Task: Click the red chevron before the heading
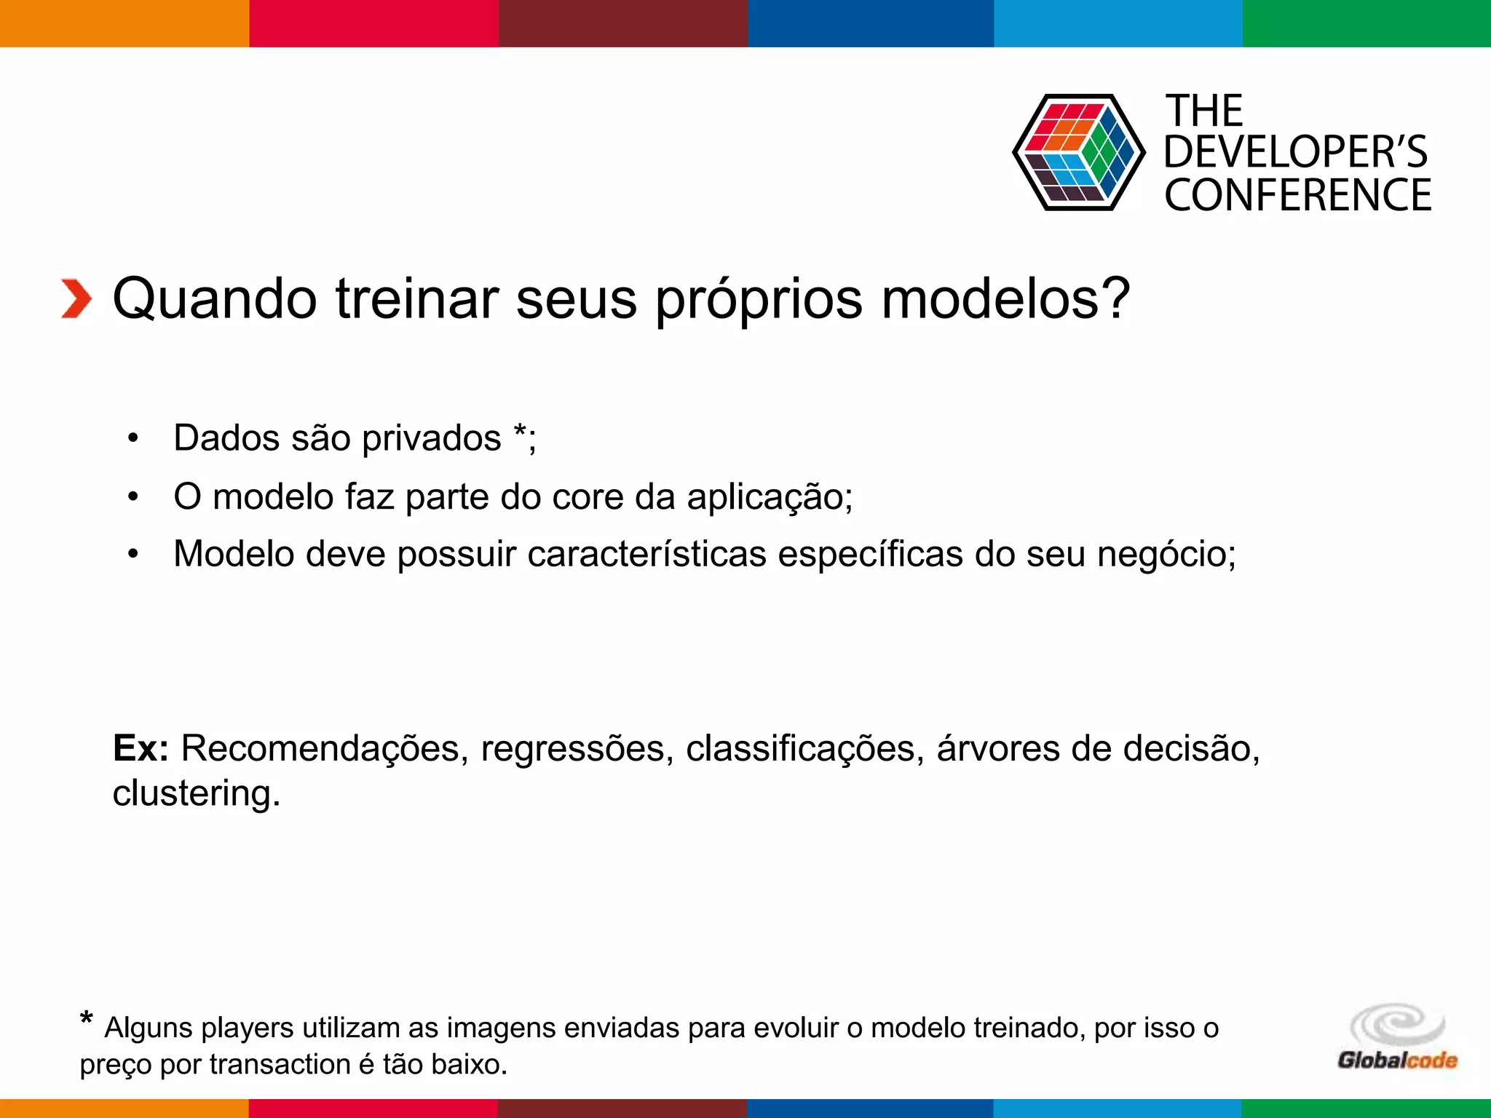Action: [76, 299]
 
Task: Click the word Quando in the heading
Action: [215, 299]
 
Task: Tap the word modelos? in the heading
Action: [1005, 299]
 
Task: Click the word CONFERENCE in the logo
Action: [1297, 195]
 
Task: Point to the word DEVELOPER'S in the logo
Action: [1295, 152]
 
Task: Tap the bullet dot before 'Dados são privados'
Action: [133, 439]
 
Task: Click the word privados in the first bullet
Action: [431, 439]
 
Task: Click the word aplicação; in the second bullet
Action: [770, 497]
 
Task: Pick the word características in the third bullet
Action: [646, 555]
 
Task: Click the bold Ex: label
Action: [141, 749]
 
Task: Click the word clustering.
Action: [196, 793]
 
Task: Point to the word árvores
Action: [998, 749]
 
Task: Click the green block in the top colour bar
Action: [1367, 23]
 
